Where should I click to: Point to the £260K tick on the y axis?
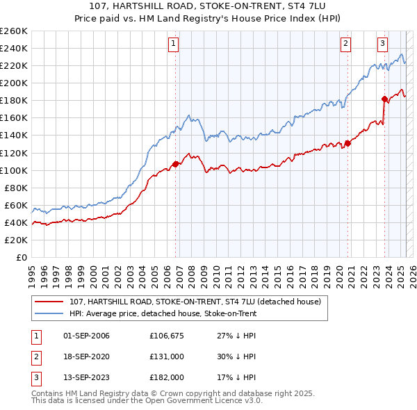pos(14,31)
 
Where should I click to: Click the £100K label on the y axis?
pos(14,170)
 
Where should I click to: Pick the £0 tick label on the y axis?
pos(22,257)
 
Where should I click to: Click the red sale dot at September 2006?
pos(175,164)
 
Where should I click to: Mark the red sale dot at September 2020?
pos(348,143)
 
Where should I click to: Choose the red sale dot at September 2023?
pos(384,99)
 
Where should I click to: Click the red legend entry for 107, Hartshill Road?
pos(195,302)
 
